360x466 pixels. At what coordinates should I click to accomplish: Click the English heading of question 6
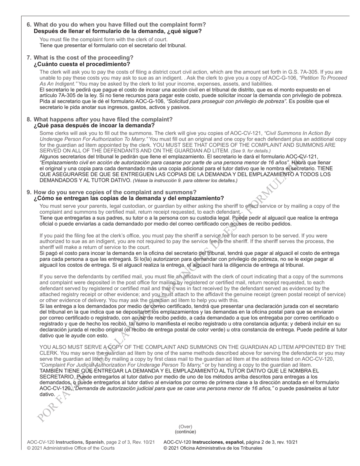tap(119, 25)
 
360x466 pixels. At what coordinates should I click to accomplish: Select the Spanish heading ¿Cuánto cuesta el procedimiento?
tap(81, 64)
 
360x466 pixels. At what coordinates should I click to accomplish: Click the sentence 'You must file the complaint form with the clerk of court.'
tap(103, 39)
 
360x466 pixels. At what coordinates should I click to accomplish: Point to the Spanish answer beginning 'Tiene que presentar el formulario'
tap(113, 45)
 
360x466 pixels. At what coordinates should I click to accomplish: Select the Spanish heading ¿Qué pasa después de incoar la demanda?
tap(94, 125)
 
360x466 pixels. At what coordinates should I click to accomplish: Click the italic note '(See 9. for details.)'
tap(250, 151)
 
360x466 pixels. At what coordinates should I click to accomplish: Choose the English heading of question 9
tap(115, 192)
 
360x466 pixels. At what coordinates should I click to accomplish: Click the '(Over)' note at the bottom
tap(185, 427)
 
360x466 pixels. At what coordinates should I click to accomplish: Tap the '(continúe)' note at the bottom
tap(185, 432)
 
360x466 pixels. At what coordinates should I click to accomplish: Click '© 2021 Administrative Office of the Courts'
tap(70, 448)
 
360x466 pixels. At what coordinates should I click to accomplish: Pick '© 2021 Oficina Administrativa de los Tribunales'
tap(213, 448)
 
